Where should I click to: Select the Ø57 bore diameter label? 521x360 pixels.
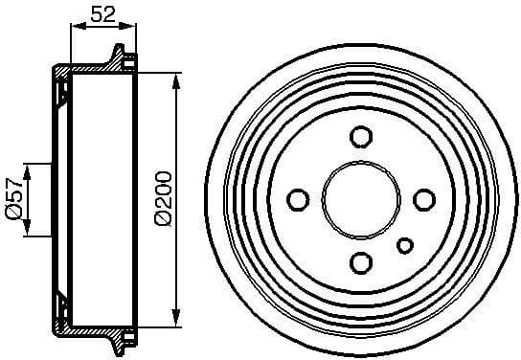(x=13, y=200)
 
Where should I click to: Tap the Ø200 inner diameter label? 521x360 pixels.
(x=162, y=198)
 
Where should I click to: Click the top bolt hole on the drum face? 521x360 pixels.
(x=361, y=136)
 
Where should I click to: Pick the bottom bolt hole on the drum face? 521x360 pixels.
(x=361, y=261)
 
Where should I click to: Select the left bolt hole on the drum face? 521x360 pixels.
(x=298, y=199)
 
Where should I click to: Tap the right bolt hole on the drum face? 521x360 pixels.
(x=423, y=199)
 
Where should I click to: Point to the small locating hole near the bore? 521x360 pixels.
(x=405, y=244)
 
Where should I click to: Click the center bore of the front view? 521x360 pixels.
(x=361, y=199)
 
